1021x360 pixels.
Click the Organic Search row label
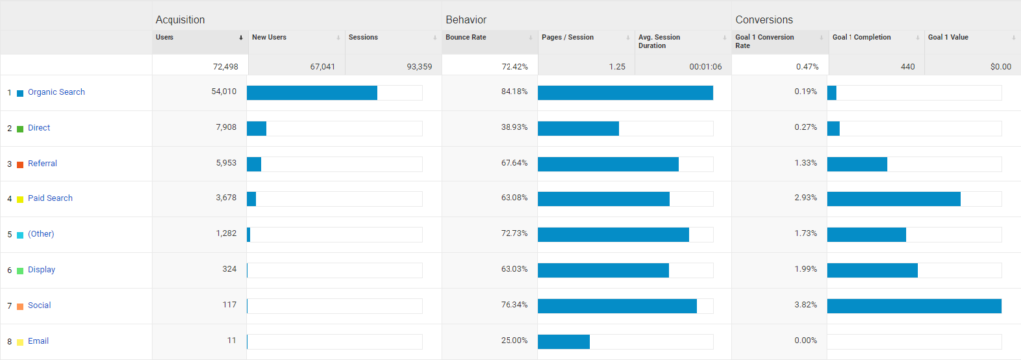tap(56, 93)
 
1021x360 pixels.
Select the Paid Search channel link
tap(50, 198)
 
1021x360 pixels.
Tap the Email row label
tap(38, 341)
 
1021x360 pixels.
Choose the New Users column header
tap(271, 38)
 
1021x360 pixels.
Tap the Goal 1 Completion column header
tap(860, 38)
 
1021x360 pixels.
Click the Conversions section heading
tap(763, 19)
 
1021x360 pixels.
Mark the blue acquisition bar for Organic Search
tap(312, 93)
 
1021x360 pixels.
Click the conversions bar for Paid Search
tap(893, 198)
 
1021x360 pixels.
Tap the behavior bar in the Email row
tap(563, 341)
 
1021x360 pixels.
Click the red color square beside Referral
tap(20, 164)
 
